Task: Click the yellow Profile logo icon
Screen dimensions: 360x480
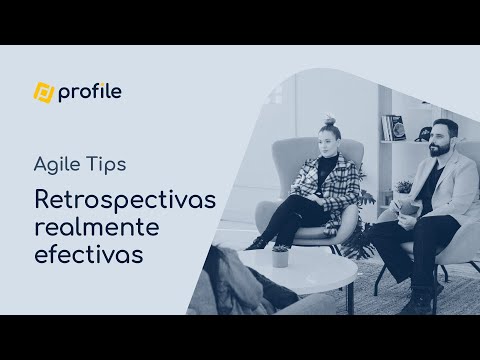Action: pos(44,93)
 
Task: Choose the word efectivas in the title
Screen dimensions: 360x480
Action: pos(89,255)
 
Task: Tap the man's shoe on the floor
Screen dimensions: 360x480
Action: pos(420,300)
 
